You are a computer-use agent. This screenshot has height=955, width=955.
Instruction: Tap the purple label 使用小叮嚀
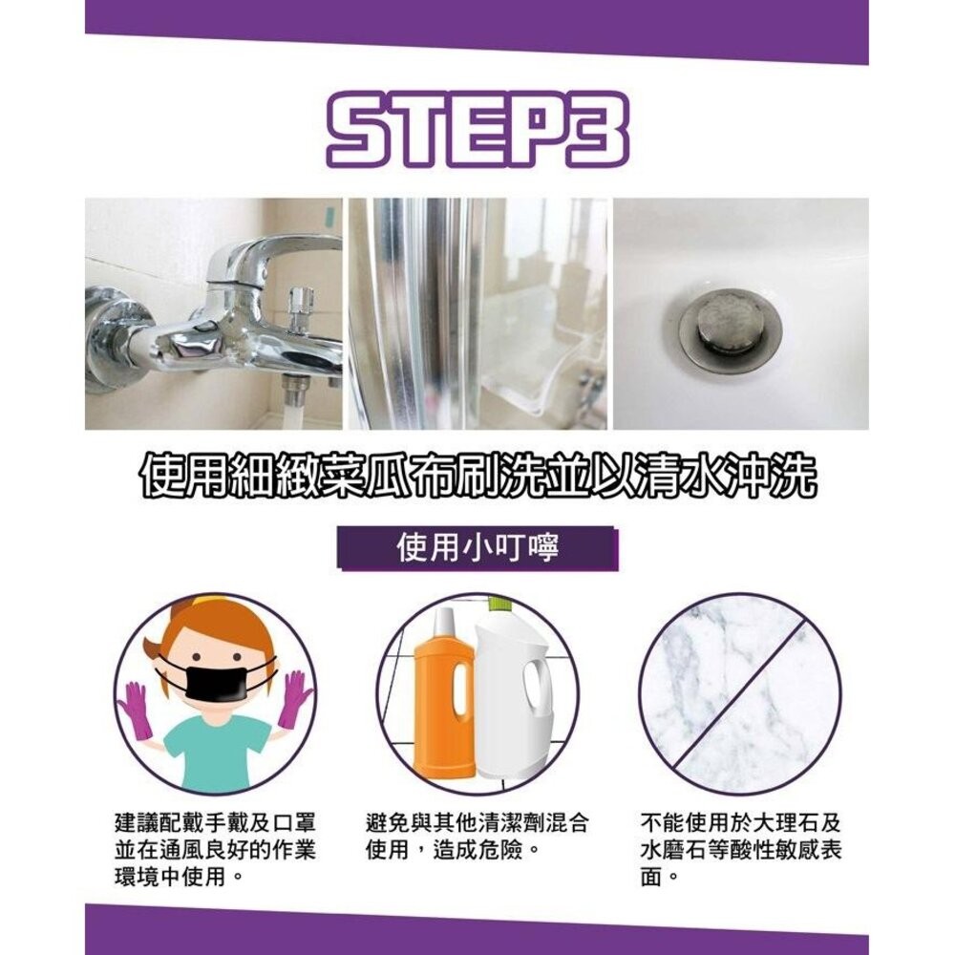click(x=477, y=549)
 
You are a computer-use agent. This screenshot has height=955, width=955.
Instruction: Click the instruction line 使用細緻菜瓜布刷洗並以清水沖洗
click(x=477, y=476)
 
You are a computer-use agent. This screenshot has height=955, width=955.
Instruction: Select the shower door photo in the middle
click(x=477, y=313)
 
